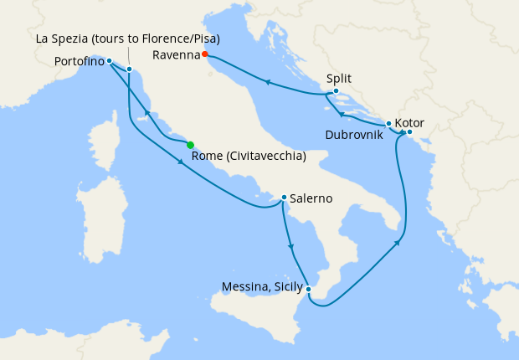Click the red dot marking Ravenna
[x=205, y=55]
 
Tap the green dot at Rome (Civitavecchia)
[x=191, y=145]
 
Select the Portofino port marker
[x=110, y=61]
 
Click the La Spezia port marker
[x=129, y=69]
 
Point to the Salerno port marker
[x=285, y=198]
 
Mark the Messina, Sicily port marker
[x=309, y=290]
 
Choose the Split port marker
[x=336, y=91]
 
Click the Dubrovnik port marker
[x=388, y=124]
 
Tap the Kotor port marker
[x=409, y=132]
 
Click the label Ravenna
[x=177, y=55]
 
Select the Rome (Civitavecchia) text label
[x=248, y=157]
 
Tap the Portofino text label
[x=79, y=61]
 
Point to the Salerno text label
[x=311, y=198]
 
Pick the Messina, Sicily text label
[x=262, y=287]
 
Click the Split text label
[x=338, y=79]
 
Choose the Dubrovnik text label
[x=354, y=134]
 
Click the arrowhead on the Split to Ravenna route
[x=267, y=82]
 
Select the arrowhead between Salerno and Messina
[x=290, y=246]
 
